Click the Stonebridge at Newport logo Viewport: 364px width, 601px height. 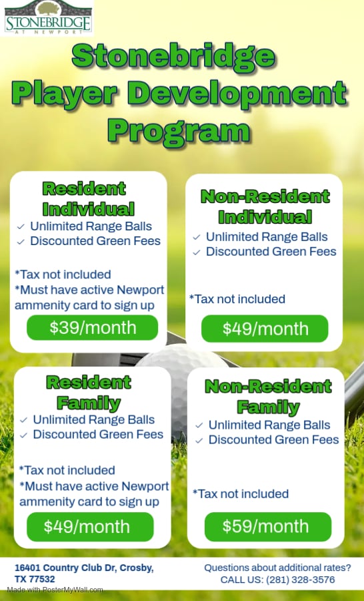coord(47,17)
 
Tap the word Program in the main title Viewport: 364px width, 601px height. coord(179,132)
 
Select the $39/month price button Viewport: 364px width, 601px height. coord(92,328)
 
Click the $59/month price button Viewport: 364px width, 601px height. coord(268,527)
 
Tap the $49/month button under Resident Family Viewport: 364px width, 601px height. coord(90,527)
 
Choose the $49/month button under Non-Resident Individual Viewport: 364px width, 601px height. coord(265,329)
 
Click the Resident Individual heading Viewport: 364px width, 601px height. coord(89,198)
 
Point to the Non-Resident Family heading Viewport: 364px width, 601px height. coord(268,396)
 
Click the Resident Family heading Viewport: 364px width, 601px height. coord(89,393)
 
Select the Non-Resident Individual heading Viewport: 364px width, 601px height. coord(265,206)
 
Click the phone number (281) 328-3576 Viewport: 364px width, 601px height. coord(301,580)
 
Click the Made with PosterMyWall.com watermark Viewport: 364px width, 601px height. coord(55,590)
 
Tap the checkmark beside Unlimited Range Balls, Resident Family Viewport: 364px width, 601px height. coord(24,420)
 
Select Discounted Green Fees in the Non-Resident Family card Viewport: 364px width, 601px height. coord(274,439)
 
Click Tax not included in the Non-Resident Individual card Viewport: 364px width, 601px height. coord(237,299)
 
